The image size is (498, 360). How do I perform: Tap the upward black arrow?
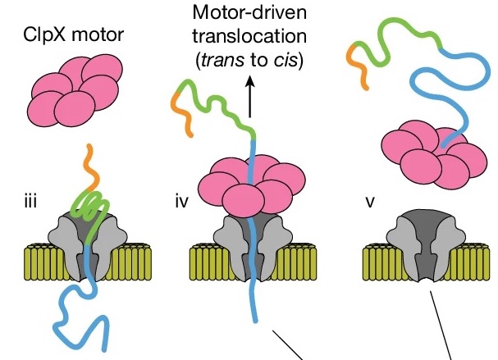[x=249, y=88]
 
